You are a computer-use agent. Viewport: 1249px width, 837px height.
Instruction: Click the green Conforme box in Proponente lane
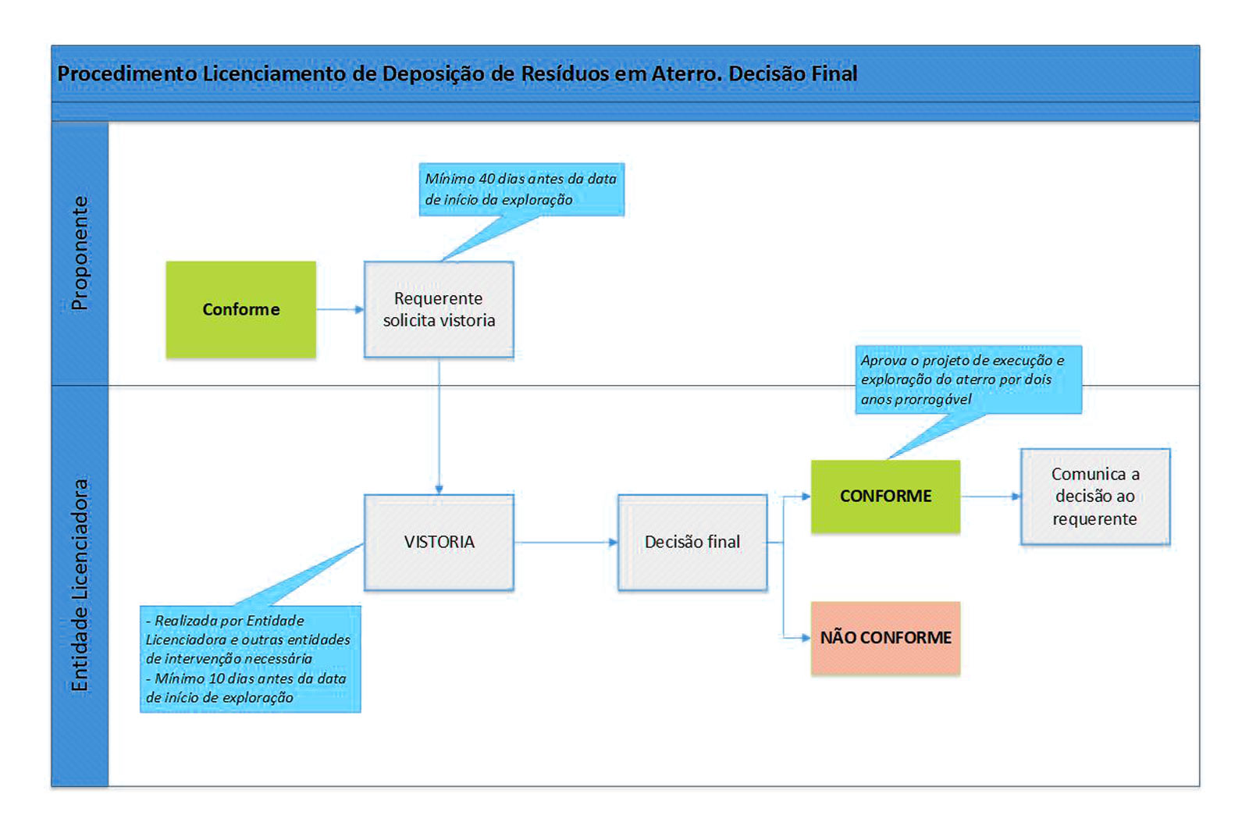point(240,309)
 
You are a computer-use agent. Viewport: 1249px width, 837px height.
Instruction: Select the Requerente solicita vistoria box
point(439,309)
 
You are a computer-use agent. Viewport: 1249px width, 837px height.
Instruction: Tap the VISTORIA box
point(439,542)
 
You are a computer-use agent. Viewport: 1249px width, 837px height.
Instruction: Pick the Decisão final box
point(692,542)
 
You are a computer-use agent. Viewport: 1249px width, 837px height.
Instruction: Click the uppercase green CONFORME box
point(885,497)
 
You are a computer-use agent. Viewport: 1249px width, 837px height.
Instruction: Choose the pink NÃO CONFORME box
point(885,638)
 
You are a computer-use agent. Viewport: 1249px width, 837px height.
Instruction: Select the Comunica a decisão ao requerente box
point(1094,497)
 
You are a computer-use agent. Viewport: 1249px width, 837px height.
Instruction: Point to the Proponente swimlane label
point(80,253)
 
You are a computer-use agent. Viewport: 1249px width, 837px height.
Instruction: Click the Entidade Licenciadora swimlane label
point(80,585)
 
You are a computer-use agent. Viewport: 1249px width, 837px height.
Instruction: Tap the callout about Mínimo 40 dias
point(521,189)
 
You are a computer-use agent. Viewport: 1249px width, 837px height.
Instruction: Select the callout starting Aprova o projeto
point(968,379)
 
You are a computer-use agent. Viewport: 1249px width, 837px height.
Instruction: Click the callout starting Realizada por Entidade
point(250,659)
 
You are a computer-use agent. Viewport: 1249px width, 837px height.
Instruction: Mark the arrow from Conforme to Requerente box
point(340,310)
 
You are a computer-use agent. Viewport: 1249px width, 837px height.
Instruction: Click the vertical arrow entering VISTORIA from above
point(439,426)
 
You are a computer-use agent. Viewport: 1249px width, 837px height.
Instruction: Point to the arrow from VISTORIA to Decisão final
point(565,542)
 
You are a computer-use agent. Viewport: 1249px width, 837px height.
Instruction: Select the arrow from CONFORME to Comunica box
point(990,497)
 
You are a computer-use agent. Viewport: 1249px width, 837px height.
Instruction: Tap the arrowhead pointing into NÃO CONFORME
point(805,638)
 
